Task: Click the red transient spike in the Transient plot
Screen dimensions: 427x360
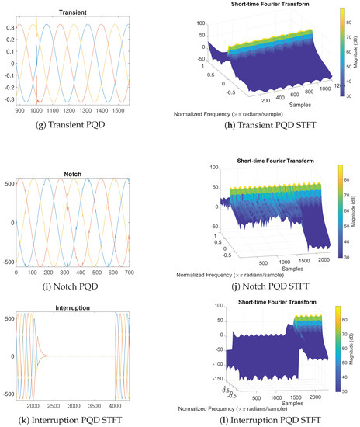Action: click(x=38, y=99)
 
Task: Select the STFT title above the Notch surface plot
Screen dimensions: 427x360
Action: click(x=265, y=159)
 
